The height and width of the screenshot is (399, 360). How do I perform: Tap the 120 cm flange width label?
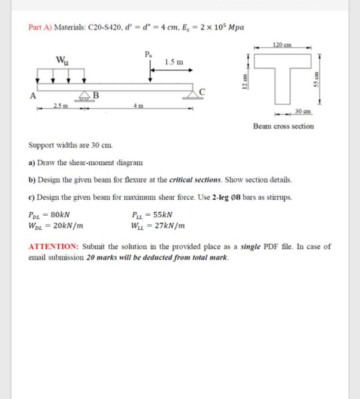(x=284, y=45)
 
